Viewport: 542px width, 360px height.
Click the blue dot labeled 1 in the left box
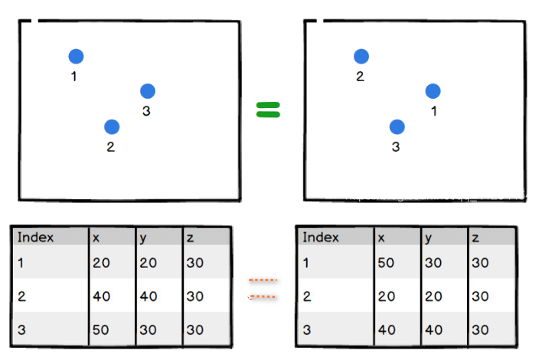[76, 56]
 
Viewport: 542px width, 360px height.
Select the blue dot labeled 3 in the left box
[148, 91]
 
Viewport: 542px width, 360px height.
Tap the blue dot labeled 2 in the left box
[112, 126]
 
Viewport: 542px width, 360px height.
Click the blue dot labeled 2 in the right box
[361, 56]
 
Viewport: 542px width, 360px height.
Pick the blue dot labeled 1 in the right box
[433, 91]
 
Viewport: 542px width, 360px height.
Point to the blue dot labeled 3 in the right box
[397, 126]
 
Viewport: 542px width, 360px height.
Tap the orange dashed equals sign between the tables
[263, 288]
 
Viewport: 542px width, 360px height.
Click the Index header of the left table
[36, 237]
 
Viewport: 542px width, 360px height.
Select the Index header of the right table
[321, 237]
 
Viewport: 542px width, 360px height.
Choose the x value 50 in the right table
[386, 263]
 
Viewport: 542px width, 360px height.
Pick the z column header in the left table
[189, 237]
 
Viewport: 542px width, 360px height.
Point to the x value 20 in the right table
[386, 296]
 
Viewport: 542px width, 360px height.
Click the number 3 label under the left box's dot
[146, 112]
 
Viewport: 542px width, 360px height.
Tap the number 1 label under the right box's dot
[433, 112]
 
